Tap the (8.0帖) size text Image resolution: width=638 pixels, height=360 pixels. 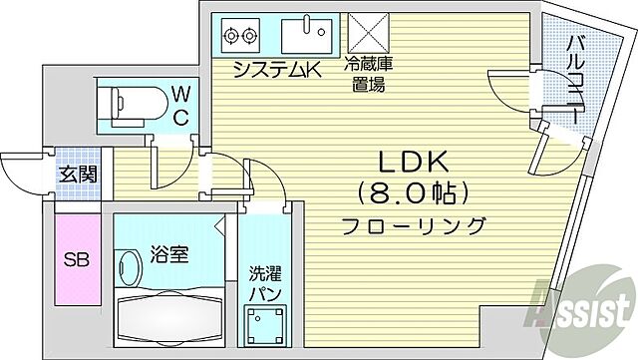[x=415, y=191]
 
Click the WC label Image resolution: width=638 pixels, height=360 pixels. [x=179, y=105]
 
